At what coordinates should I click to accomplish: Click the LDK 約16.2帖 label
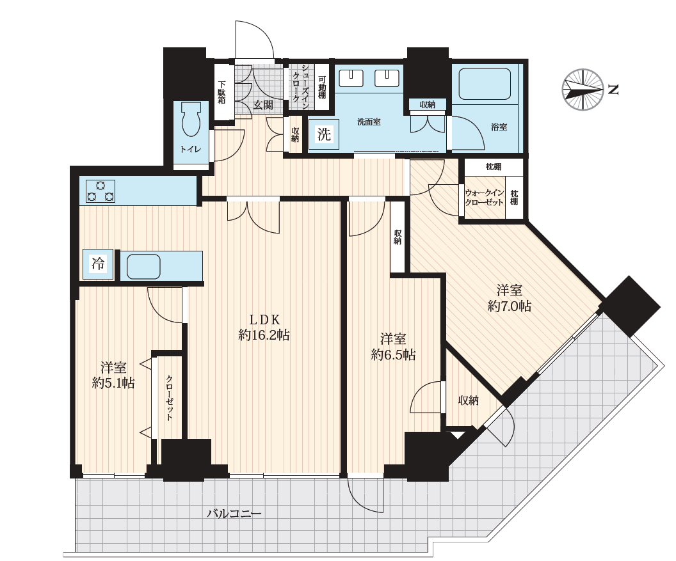point(264,327)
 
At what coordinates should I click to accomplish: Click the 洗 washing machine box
point(324,134)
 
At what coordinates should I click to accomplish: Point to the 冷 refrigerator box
point(99,264)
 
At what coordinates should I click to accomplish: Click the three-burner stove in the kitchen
point(101,191)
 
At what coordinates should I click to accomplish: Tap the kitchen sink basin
point(143,267)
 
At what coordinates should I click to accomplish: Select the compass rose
point(583,90)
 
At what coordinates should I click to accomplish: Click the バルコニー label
point(234,514)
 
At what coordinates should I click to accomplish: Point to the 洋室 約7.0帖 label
point(509,298)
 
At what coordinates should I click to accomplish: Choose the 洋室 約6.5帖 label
point(393,347)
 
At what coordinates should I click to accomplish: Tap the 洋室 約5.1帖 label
point(113,375)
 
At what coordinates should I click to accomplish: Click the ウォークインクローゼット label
point(484,198)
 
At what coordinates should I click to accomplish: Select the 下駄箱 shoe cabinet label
point(221,92)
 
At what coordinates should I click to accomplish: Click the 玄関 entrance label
point(262,105)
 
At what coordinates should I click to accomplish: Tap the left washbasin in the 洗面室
point(351,78)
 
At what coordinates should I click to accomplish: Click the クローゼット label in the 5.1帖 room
point(170,398)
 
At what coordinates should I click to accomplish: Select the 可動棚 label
point(322,88)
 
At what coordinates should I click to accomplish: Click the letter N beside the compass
point(613,90)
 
